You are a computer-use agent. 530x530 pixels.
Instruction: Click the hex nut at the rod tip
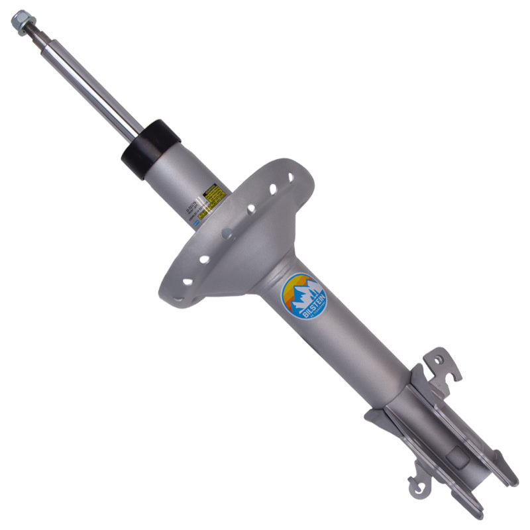pyautogui.click(x=20, y=21)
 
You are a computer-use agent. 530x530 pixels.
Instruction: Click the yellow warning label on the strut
pyautogui.click(x=213, y=194)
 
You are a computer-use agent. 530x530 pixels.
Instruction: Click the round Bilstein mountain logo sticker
pyautogui.click(x=304, y=297)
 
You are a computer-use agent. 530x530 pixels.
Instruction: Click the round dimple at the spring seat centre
pyautogui.click(x=227, y=233)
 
